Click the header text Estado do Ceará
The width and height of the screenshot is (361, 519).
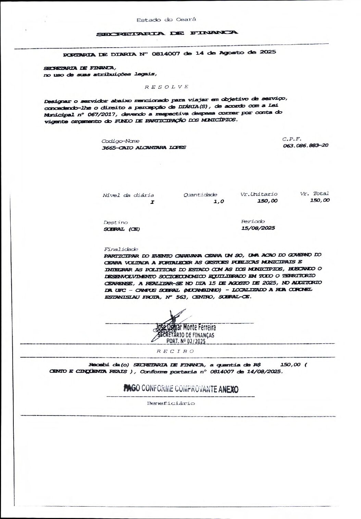click(166, 20)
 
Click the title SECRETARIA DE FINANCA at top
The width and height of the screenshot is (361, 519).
click(166, 33)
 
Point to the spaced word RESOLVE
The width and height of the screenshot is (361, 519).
click(166, 87)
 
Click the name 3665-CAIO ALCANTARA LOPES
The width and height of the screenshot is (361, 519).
click(144, 147)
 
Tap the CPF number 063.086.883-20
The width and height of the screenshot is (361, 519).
click(306, 145)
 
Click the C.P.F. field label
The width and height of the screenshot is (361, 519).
click(291, 139)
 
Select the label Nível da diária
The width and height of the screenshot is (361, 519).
click(128, 195)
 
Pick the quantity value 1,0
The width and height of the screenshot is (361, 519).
click(218, 201)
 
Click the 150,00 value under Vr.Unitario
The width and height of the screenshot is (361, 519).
click(267, 201)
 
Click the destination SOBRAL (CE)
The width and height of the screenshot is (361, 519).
click(121, 229)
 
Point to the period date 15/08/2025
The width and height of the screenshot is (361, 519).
click(258, 228)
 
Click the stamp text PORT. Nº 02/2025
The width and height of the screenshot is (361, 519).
click(185, 341)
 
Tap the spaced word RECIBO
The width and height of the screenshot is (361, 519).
click(175, 351)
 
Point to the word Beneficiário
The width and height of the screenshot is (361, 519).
click(171, 403)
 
